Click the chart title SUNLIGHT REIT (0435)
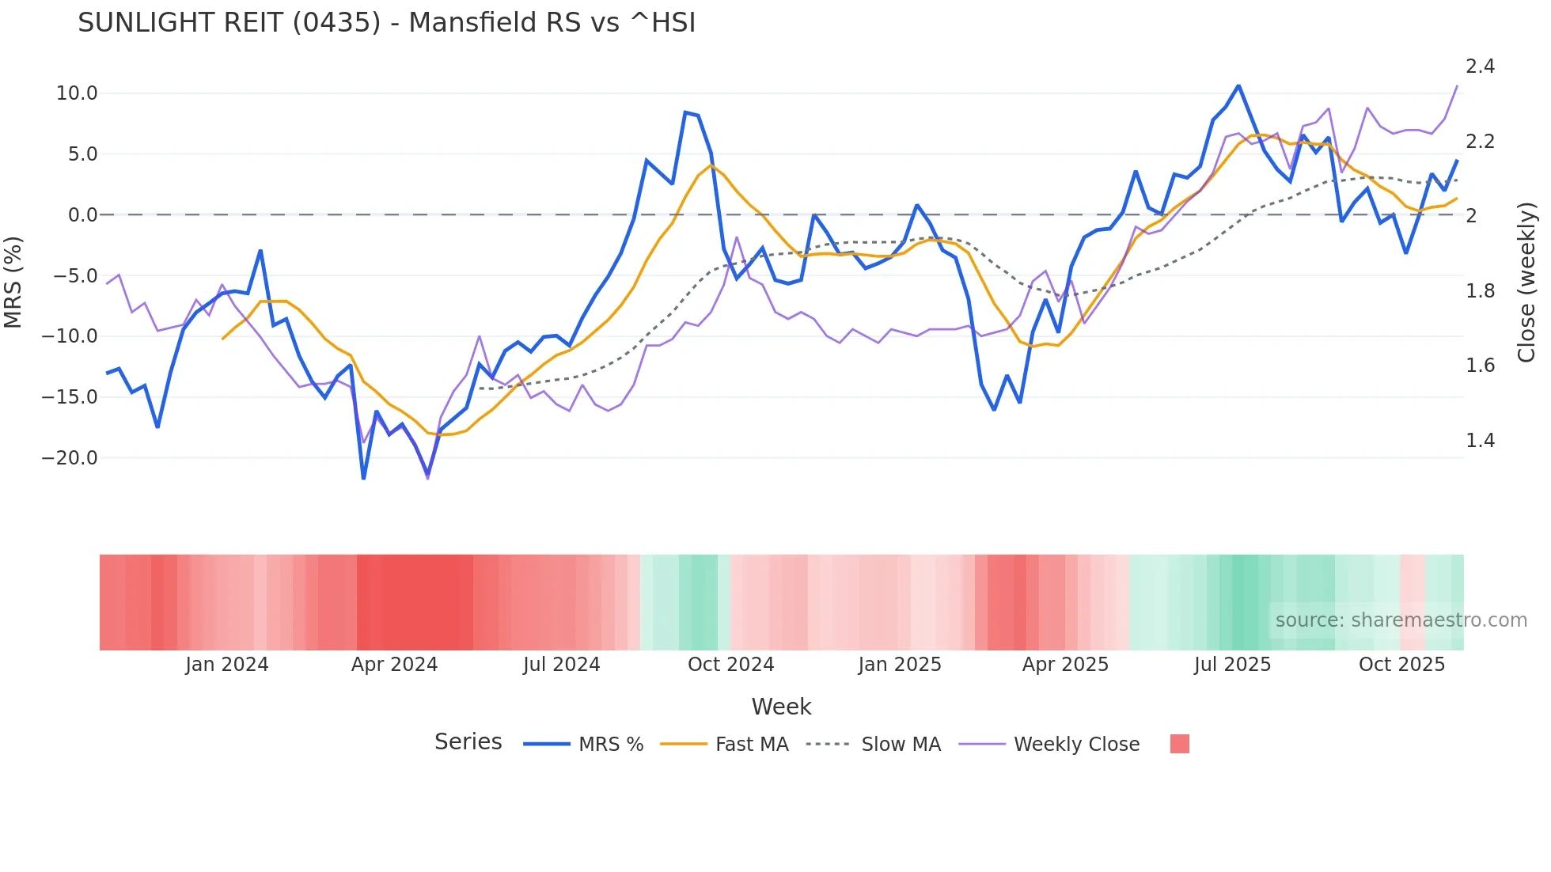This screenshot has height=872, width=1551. (x=386, y=23)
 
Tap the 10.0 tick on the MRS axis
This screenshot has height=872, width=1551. (x=77, y=93)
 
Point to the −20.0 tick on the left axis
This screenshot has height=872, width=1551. (x=70, y=458)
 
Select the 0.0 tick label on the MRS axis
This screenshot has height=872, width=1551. (x=82, y=215)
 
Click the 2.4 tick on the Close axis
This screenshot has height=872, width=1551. (x=1480, y=66)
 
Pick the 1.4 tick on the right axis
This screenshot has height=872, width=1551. (x=1480, y=441)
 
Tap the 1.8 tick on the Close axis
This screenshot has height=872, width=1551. (x=1480, y=291)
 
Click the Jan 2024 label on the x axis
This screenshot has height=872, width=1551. (x=227, y=665)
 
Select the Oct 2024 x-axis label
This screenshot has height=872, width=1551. (x=730, y=665)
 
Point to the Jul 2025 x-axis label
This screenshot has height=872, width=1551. (x=1232, y=665)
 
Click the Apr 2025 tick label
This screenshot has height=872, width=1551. (x=1065, y=665)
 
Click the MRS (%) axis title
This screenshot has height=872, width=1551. (x=13, y=282)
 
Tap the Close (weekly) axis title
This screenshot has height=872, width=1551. (x=1526, y=282)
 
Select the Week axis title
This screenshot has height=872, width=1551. (x=781, y=707)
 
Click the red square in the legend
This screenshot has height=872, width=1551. (x=1179, y=744)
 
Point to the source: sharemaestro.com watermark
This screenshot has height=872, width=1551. (x=1401, y=620)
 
